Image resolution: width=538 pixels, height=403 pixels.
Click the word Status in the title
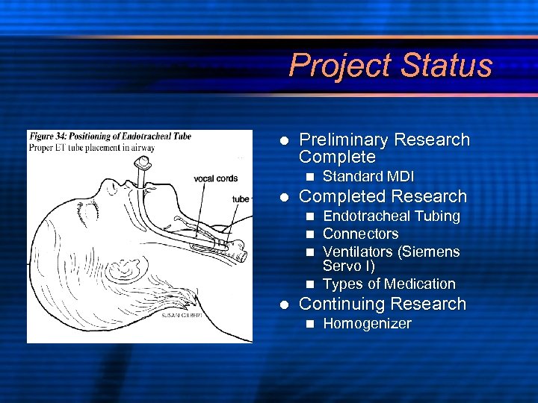[x=446, y=66]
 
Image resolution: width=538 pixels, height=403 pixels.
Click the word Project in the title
[x=341, y=66]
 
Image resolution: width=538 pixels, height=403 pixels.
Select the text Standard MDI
[x=368, y=177]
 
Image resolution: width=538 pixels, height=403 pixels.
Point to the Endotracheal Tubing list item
[x=391, y=216]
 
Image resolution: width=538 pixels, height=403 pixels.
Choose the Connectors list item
[x=360, y=234]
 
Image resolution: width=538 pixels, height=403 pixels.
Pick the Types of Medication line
[x=389, y=284]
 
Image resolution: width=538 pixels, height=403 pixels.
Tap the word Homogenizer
[x=367, y=324]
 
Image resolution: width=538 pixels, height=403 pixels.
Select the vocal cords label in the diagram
[x=215, y=178]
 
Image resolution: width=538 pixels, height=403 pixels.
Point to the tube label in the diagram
[x=241, y=199]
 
